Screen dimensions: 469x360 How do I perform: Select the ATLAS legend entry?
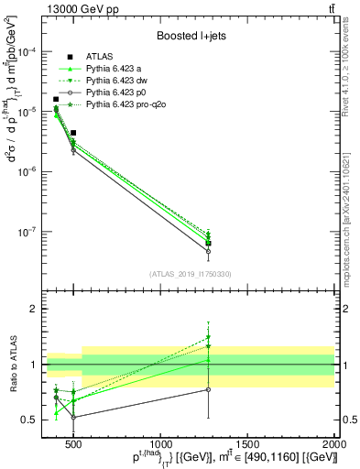(100, 58)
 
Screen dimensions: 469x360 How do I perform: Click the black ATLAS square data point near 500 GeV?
(73, 133)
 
